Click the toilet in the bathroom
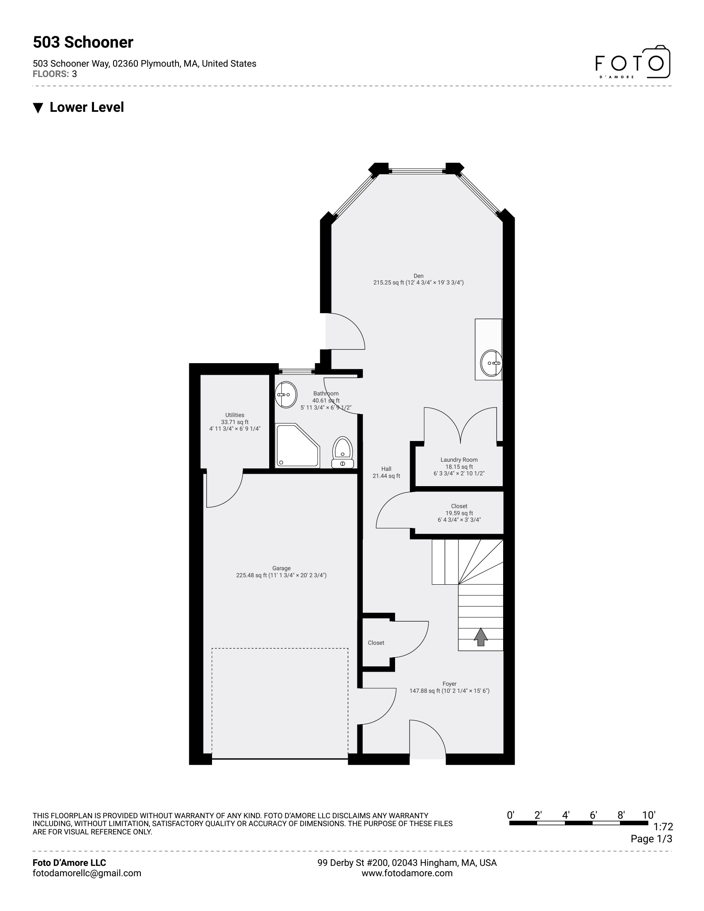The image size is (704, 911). coord(343,453)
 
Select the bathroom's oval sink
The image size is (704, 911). coord(286,395)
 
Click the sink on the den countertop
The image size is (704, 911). coord(491,363)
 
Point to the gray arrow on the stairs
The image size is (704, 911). coord(480,637)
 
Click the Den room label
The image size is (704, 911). coord(418,276)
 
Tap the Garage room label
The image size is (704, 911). coord(281,568)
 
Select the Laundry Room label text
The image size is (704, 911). coord(459,460)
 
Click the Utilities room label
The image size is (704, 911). coord(235,415)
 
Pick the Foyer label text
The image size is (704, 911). coord(449,684)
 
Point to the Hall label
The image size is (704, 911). coord(386,469)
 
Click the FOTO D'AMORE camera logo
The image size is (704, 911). coord(632,63)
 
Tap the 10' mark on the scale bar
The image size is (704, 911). coord(649,815)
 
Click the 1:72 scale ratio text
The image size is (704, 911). coord(663,827)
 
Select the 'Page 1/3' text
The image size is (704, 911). coord(651,839)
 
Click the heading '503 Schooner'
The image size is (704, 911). coord(83,42)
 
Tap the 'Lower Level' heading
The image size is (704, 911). coord(86,107)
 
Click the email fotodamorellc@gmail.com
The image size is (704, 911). coord(87,873)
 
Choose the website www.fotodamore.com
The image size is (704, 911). coord(407,873)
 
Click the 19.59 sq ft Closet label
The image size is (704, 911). coord(459,513)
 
